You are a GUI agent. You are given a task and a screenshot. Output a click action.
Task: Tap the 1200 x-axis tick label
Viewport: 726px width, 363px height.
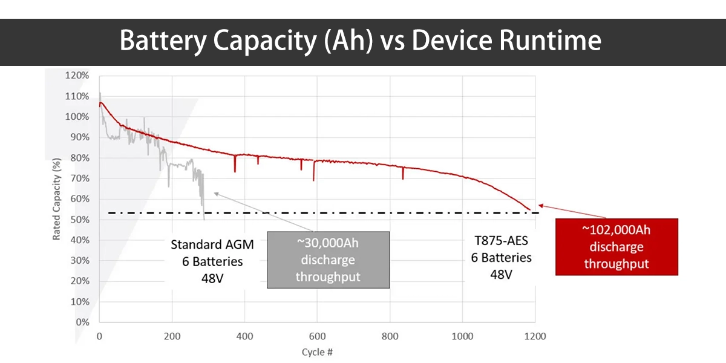[x=534, y=336]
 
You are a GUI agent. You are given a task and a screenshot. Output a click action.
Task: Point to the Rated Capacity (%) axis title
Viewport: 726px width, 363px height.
[x=57, y=200]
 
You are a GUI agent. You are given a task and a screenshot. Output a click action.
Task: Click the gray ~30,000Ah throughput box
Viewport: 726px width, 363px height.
[x=328, y=259]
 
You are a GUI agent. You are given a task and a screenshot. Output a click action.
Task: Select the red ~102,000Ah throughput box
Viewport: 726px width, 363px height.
[x=616, y=247]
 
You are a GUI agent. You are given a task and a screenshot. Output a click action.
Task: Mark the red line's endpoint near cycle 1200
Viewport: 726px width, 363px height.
[x=531, y=210]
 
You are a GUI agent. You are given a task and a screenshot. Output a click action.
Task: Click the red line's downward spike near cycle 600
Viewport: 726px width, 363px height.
[x=313, y=180]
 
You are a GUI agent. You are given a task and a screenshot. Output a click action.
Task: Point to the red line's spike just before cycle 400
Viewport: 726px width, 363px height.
[x=235, y=171]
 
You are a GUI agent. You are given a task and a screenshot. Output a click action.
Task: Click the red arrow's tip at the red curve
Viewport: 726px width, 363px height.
[x=539, y=205]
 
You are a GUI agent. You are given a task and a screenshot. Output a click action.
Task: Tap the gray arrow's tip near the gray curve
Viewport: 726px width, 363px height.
[x=214, y=192]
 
